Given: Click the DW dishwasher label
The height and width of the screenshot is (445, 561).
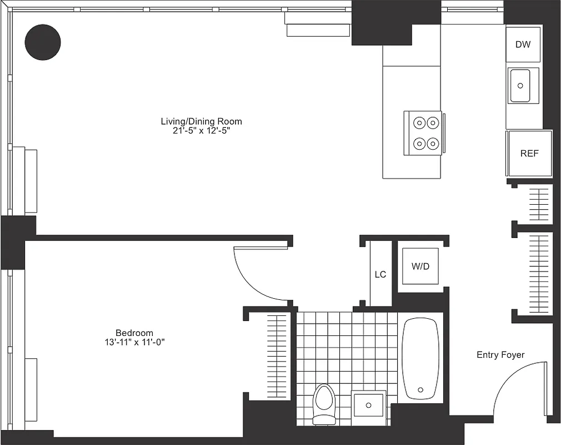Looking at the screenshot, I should pyautogui.click(x=523, y=44).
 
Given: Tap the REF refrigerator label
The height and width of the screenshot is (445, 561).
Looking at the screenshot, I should pyautogui.click(x=529, y=154).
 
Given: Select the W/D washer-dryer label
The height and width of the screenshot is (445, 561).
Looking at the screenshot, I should pyautogui.click(x=420, y=266).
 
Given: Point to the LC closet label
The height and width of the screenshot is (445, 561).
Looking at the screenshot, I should pyautogui.click(x=380, y=274).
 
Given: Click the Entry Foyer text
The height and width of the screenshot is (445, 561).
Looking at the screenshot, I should pyautogui.click(x=500, y=355).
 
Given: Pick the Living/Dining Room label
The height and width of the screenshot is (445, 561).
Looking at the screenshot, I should pyautogui.click(x=201, y=121).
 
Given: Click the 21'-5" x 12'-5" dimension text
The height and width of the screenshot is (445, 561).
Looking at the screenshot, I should pyautogui.click(x=201, y=131).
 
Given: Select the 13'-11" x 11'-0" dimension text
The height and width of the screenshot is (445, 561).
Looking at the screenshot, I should pyautogui.click(x=131, y=342).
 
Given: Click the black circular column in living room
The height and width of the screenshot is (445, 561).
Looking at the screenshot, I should pyautogui.click(x=43, y=42).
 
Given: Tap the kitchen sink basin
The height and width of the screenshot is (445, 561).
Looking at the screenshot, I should pyautogui.click(x=520, y=86).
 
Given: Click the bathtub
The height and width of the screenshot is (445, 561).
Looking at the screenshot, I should pyautogui.click(x=420, y=359).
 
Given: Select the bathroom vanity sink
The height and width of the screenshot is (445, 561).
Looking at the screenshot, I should pyautogui.click(x=368, y=405).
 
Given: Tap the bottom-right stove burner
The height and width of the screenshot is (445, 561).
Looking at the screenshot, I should pyautogui.click(x=432, y=143).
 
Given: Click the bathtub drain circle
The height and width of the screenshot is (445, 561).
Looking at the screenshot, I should pyautogui.click(x=420, y=389).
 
